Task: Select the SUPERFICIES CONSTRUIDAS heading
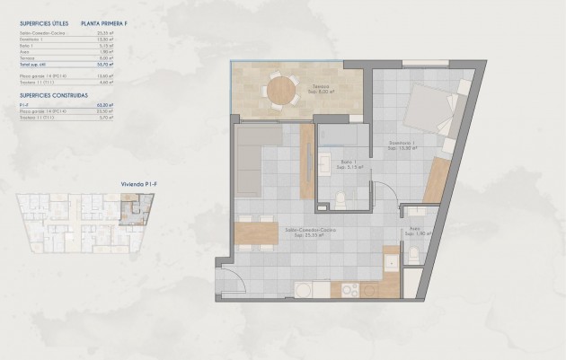51,94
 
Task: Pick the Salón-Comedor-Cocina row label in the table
41,33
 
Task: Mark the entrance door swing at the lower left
226,279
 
